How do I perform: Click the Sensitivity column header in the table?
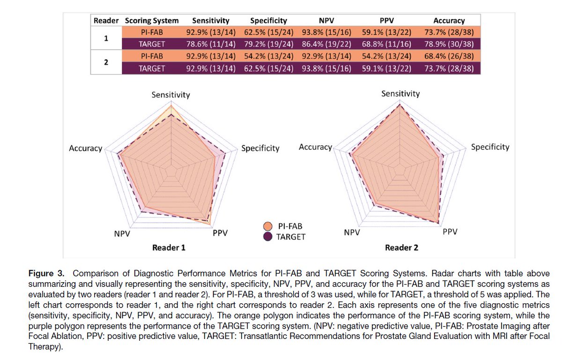211,21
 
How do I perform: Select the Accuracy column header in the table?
449,21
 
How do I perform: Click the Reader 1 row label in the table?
106,38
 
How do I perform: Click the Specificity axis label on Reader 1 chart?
260,148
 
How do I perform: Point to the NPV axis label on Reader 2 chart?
352,232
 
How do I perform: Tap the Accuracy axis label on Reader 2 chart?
315,147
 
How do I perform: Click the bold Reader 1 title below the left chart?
169,247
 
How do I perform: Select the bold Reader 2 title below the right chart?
401,247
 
